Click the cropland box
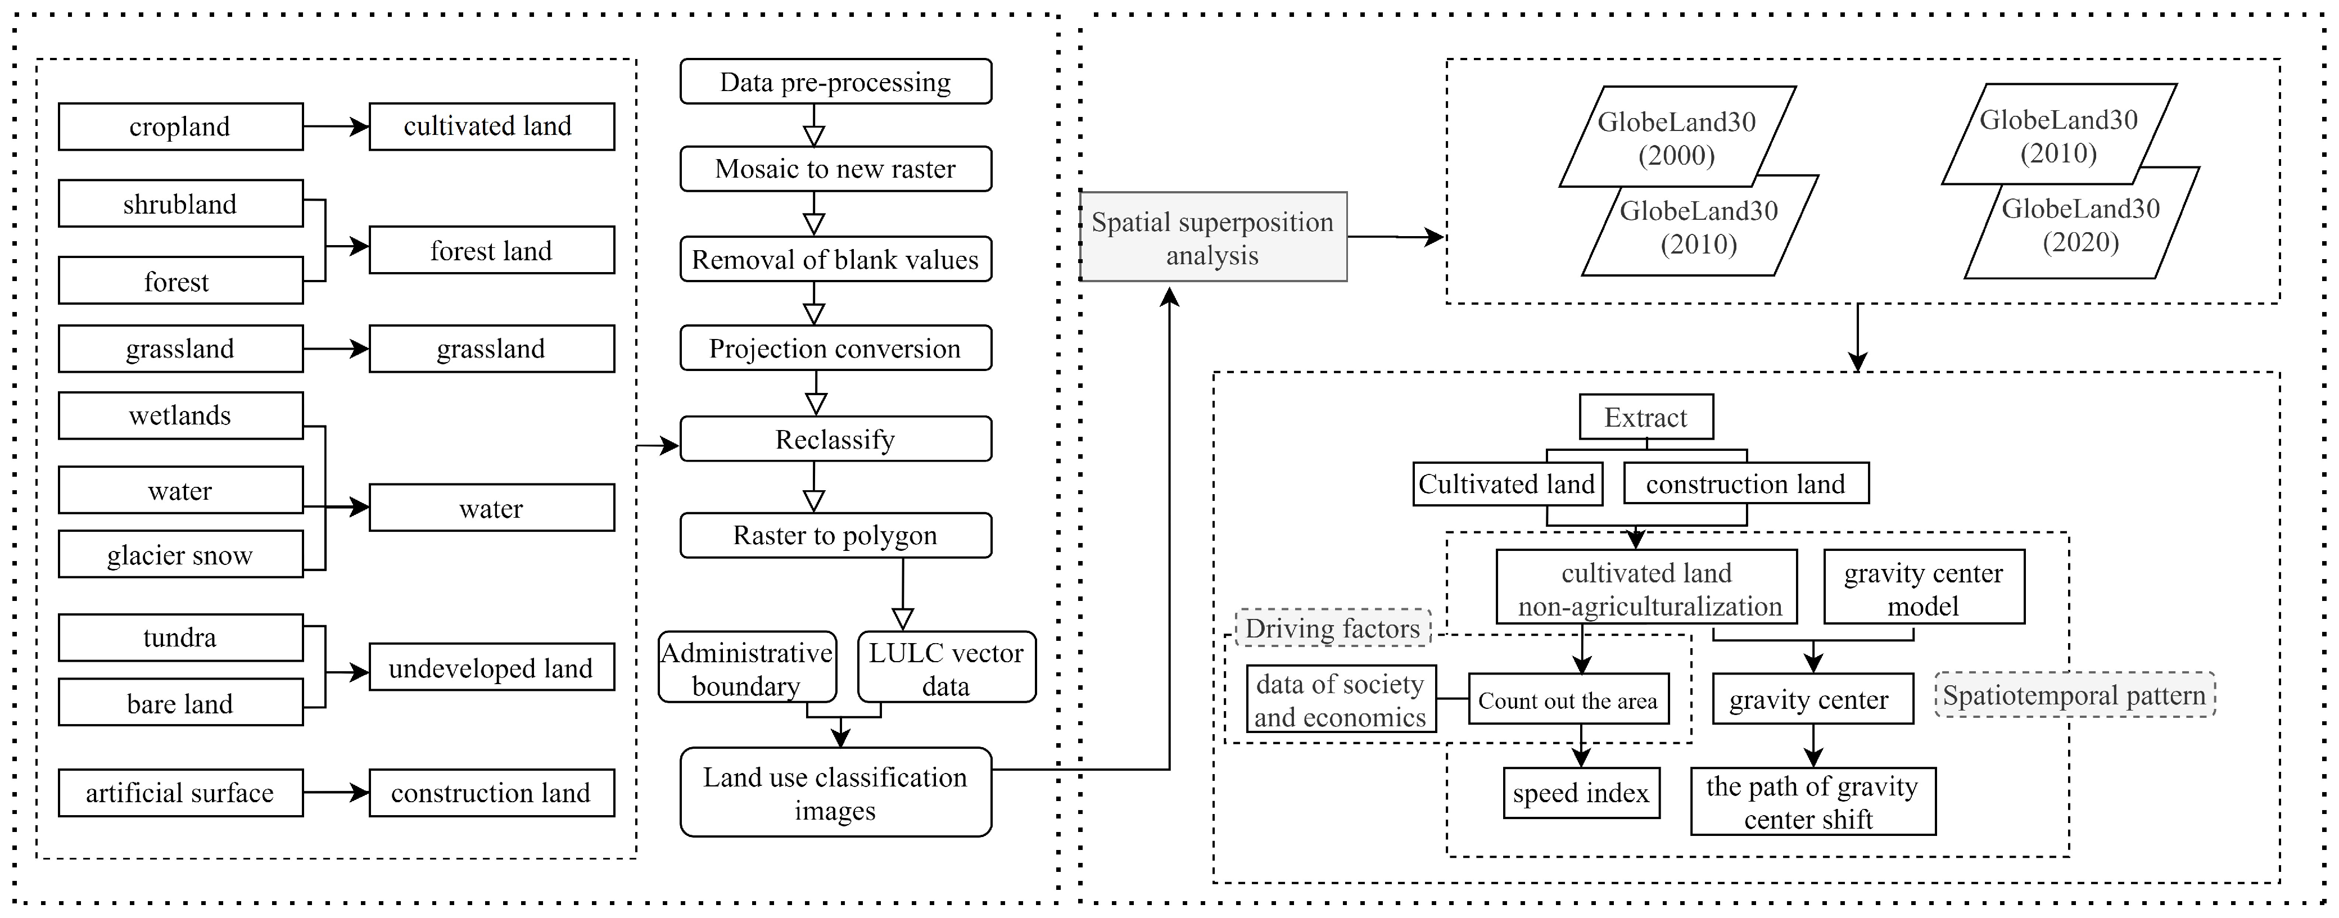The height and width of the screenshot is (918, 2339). [x=180, y=126]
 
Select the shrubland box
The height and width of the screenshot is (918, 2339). [x=180, y=204]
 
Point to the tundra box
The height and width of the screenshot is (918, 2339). [x=180, y=637]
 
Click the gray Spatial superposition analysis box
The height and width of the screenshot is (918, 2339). [x=1212, y=237]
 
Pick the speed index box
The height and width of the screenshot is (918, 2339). [x=1580, y=793]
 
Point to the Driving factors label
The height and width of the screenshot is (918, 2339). [x=1332, y=628]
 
